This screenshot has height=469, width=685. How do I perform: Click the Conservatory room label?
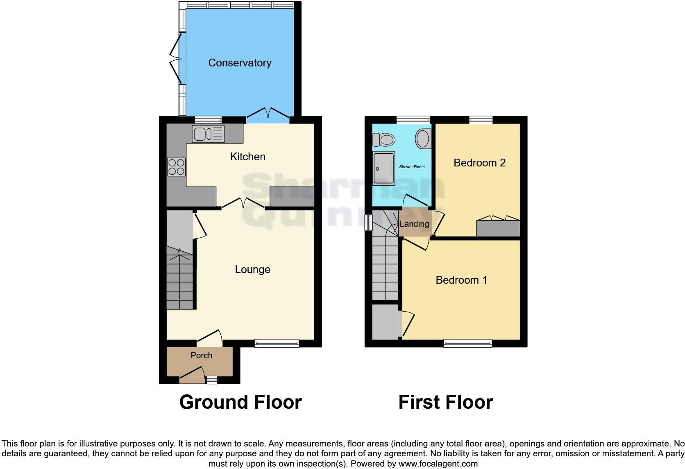click(240, 63)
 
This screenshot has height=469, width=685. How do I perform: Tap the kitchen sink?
click(209, 134)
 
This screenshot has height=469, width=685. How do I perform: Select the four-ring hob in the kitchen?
click(177, 167)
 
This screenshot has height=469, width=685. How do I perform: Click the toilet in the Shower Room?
click(383, 139)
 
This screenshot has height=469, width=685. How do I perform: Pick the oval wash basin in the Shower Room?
click(423, 139)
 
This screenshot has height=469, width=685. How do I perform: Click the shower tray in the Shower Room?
click(384, 168)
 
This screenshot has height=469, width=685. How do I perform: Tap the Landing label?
click(414, 224)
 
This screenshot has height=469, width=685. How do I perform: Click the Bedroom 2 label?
click(479, 163)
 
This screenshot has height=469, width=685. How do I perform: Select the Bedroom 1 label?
click(461, 280)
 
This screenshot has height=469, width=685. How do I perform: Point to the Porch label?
click(201, 355)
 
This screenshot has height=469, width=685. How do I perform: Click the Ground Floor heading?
click(240, 402)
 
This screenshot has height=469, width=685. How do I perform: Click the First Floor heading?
click(445, 402)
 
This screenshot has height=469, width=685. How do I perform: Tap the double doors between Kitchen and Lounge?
click(243, 203)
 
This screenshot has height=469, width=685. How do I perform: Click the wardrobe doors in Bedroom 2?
click(498, 219)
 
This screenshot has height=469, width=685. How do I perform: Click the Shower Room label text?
click(412, 167)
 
